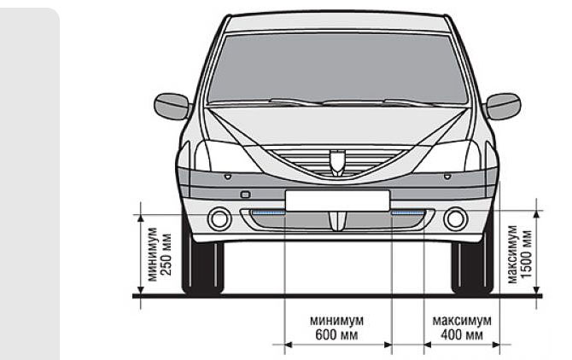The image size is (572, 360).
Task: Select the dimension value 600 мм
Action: click(337, 335)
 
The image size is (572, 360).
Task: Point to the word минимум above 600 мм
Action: click(337, 321)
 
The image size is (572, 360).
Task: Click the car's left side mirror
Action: click(172, 106)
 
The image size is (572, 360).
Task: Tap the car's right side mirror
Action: click(502, 106)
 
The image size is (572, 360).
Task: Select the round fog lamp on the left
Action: click(219, 219)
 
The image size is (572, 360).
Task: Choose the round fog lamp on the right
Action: click(455, 219)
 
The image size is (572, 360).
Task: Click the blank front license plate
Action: click(337, 200)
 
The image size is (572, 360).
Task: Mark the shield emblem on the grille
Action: click(337, 160)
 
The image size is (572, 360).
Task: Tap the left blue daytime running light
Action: click(266, 211)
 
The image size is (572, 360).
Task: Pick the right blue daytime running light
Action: click(408, 211)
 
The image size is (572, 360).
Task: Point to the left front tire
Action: click(203, 269)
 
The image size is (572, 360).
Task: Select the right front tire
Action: click(472, 269)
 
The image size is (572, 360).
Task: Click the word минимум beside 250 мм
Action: click(152, 254)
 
